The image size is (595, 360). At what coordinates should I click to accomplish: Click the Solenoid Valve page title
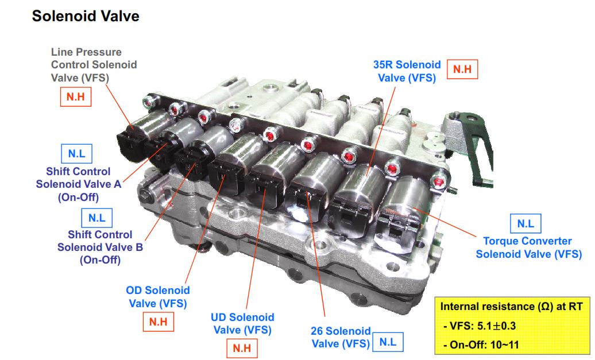pos(86,16)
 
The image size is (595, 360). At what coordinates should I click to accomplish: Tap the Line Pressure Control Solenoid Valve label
pos(94,65)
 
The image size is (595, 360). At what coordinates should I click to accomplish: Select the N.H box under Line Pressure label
pos(75,96)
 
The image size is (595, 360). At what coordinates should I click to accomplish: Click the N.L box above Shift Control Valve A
pos(76,154)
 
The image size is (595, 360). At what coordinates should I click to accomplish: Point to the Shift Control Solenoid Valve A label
pos(79,184)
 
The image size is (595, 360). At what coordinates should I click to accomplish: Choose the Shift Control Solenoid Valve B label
pos(100,247)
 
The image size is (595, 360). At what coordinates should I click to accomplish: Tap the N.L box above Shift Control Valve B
pos(96,218)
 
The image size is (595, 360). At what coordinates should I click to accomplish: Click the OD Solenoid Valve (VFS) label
pos(158,297)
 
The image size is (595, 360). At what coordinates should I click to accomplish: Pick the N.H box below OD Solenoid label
pos(159,322)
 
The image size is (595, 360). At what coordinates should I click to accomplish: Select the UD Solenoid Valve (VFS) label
pos(242,324)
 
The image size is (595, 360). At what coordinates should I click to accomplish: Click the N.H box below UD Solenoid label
pos(242,348)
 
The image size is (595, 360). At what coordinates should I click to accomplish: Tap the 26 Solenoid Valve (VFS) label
pos(341,337)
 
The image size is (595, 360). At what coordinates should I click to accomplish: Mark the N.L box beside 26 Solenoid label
pos(388,342)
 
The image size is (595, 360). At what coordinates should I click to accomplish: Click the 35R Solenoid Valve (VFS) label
pos(407,71)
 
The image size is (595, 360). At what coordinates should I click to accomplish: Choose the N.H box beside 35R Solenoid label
pos(462,69)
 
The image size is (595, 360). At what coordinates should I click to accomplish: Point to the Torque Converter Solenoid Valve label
pos(528,247)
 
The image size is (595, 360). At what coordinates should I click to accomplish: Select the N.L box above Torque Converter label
pos(526,224)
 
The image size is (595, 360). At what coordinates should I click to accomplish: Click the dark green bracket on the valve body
pos(470,144)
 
